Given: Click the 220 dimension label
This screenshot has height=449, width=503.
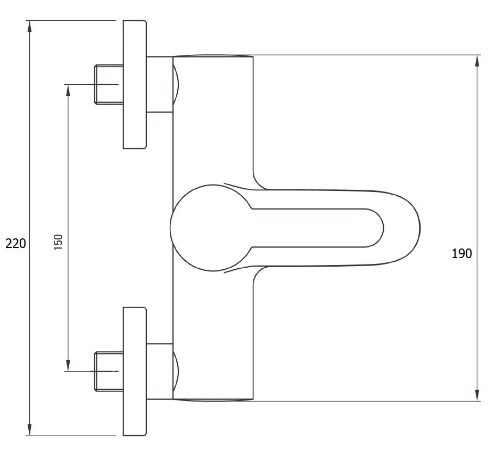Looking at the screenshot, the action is pyautogui.click(x=15, y=244).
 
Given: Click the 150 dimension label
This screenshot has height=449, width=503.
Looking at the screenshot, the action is pyautogui.click(x=59, y=242).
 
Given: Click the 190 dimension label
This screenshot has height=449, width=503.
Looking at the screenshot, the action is pyautogui.click(x=461, y=254).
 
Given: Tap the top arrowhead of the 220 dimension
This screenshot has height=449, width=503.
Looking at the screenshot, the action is pyautogui.click(x=29, y=26).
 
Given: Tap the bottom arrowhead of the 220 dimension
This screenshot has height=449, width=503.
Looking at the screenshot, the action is pyautogui.click(x=29, y=430).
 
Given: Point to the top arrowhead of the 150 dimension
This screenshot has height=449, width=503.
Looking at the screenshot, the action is pyautogui.click(x=68, y=90).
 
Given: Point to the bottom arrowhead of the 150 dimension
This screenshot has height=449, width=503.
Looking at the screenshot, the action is pyautogui.click(x=68, y=365).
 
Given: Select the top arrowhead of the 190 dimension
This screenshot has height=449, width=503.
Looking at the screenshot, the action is pyautogui.click(x=477, y=61).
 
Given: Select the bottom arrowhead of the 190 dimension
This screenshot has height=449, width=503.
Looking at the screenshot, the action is pyautogui.click(x=477, y=395).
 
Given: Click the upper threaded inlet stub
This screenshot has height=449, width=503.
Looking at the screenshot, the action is pyautogui.click(x=109, y=85).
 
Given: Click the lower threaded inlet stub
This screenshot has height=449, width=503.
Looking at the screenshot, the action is pyautogui.click(x=109, y=372).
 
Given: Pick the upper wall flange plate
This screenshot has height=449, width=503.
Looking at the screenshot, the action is pyautogui.click(x=135, y=85).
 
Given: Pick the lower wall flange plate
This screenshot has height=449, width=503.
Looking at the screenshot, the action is pyautogui.click(x=135, y=372).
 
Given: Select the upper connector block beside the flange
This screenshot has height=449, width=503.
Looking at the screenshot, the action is pyautogui.click(x=160, y=85).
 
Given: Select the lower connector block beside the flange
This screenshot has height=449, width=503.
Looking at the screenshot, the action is pyautogui.click(x=160, y=372).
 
